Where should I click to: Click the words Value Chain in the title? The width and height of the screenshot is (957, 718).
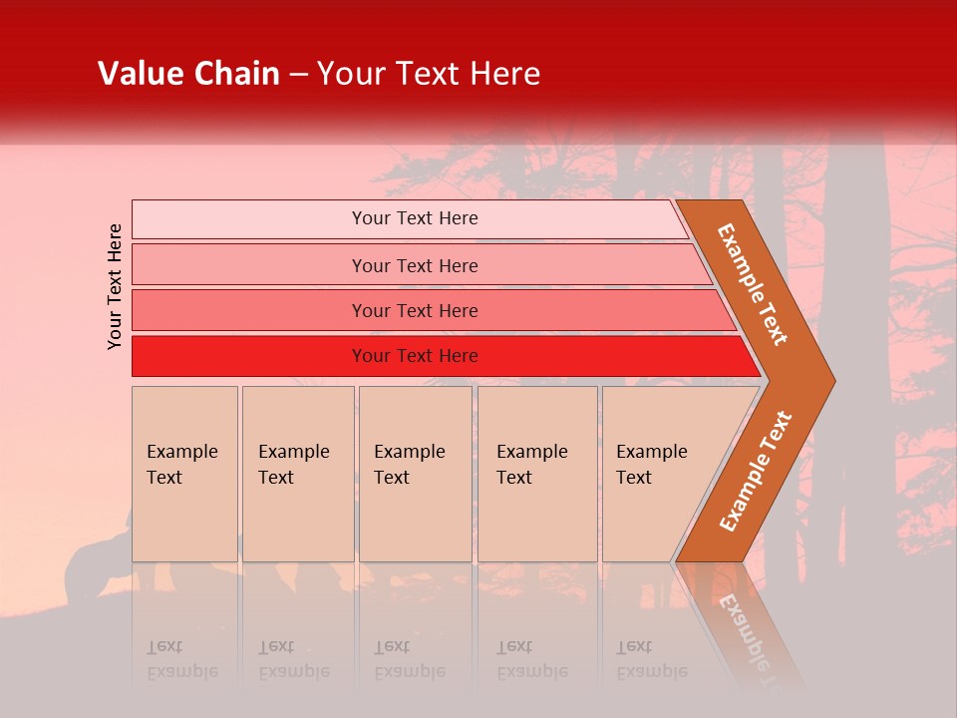[188, 74]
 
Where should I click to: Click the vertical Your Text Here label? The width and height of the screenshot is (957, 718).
[115, 286]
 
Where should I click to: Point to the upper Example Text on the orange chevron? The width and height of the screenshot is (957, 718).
[753, 284]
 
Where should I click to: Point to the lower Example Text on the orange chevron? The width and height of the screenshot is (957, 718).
[755, 471]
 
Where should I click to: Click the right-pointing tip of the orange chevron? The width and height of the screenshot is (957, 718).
[827, 381]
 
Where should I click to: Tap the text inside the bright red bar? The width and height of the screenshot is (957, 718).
[415, 356]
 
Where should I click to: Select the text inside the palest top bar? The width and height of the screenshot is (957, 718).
[415, 218]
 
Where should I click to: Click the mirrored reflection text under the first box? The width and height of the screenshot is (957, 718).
[181, 659]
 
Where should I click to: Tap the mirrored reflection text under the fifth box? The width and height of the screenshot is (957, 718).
[651, 659]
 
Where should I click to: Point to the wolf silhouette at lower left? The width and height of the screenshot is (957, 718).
[95, 568]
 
